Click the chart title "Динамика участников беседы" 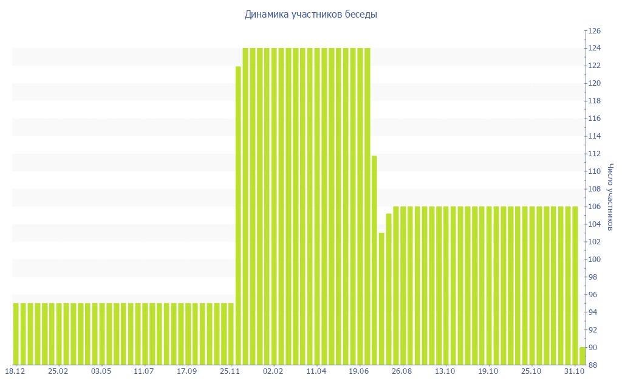tap(310, 14)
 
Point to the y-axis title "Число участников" tap(610, 198)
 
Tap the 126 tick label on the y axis tap(593, 30)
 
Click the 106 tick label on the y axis tap(593, 207)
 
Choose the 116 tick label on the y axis tap(593, 119)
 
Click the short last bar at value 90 tap(582, 356)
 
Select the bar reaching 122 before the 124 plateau tap(238, 216)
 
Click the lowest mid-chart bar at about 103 tap(381, 298)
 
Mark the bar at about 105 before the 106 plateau tap(389, 289)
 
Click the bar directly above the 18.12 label tap(16, 334)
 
